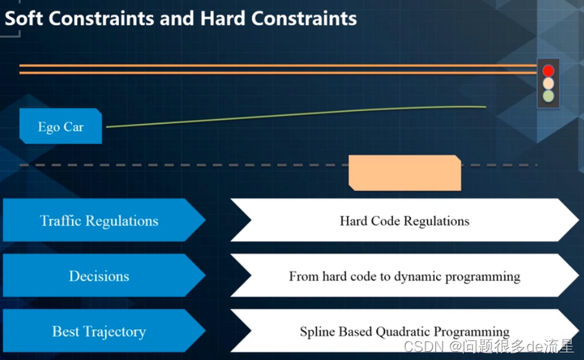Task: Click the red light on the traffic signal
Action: point(548,70)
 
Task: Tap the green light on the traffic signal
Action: point(548,96)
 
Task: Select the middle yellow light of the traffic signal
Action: point(548,83)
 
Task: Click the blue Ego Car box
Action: point(60,126)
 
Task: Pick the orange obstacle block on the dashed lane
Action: point(405,173)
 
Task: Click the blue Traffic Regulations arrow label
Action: point(99,221)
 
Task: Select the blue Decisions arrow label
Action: point(99,276)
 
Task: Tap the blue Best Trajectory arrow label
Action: point(99,331)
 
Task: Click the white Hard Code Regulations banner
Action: point(404,221)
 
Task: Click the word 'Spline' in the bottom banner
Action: point(317,332)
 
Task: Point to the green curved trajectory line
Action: point(296,115)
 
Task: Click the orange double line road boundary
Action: point(277,69)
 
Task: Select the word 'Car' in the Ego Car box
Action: point(73,127)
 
